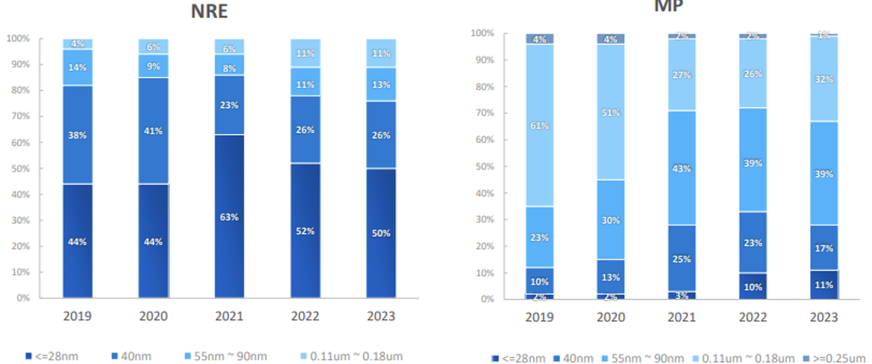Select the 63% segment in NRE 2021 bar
point(229,216)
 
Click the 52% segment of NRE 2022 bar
point(305,231)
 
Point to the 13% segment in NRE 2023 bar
point(381,84)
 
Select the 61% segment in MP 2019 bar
point(540,125)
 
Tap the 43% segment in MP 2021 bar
point(682,168)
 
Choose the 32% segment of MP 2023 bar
point(824,79)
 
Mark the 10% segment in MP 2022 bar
point(753,287)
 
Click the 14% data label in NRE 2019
point(77,68)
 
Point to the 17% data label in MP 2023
point(824,248)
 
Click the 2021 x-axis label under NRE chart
point(229,316)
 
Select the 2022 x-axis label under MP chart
point(753,317)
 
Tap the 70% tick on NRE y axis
point(18,116)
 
